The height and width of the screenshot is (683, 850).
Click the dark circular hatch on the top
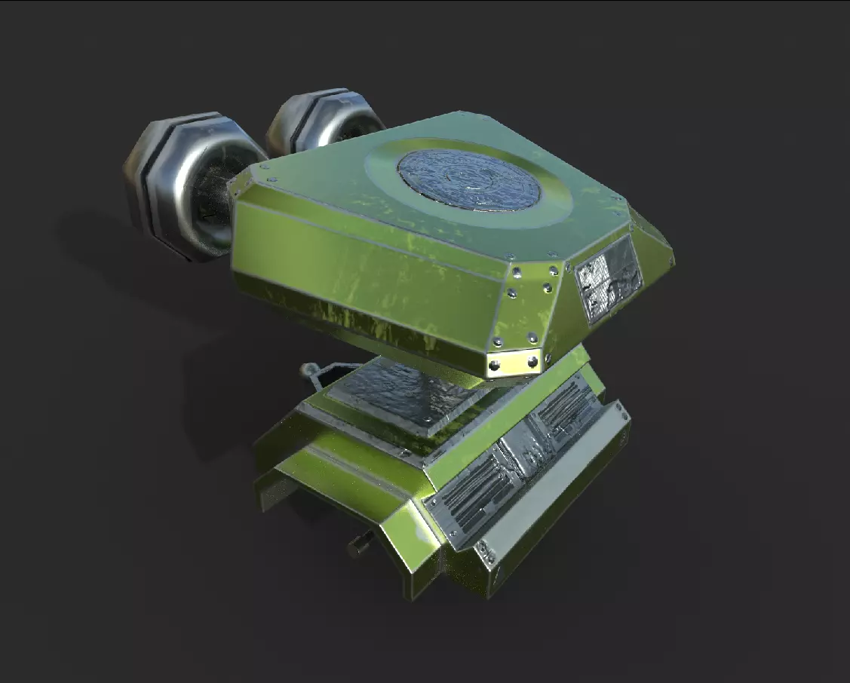(469, 182)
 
